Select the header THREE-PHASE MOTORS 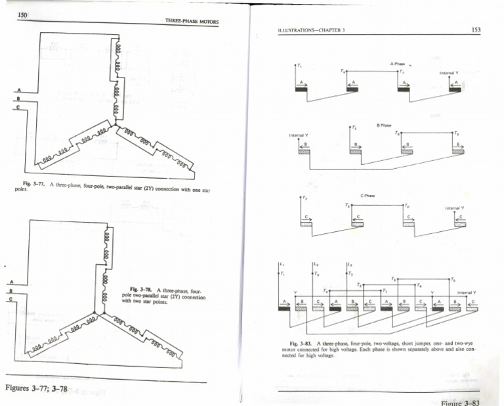[192, 22]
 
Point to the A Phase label [397, 64]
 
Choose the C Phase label [367, 195]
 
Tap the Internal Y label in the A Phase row [449, 73]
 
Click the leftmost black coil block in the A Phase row [301, 89]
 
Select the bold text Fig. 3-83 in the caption [301, 344]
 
